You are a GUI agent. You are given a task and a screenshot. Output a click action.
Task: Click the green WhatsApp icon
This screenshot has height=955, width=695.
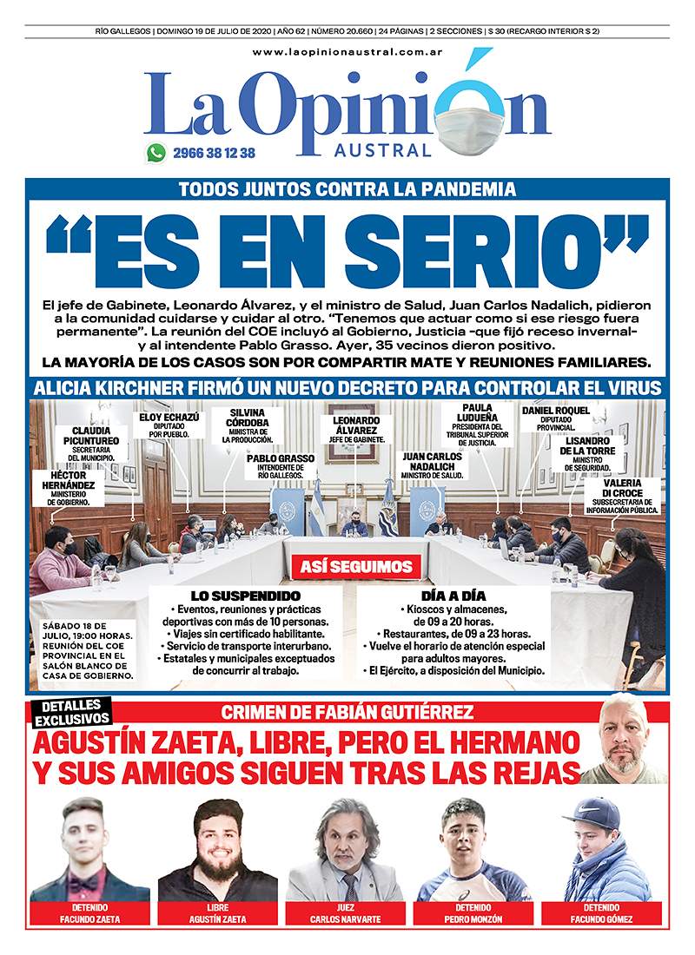tap(156, 153)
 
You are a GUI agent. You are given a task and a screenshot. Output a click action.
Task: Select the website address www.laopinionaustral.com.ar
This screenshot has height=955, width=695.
tap(347, 53)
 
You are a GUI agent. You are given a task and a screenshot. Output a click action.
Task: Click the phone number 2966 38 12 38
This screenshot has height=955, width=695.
tap(214, 153)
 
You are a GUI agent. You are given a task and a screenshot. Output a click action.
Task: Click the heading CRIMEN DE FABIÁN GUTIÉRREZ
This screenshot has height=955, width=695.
tap(347, 713)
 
